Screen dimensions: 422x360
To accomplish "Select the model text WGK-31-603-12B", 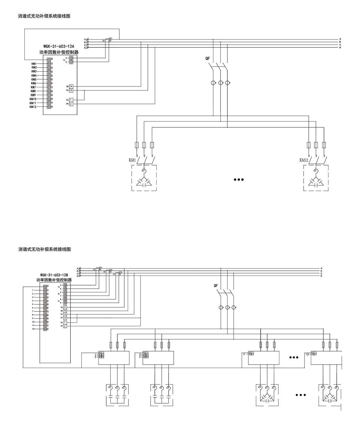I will pyautogui.click(x=54, y=275).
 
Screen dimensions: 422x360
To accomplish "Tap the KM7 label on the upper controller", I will pyautogui.click(x=33, y=87).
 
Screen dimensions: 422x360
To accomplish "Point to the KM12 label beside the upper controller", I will pyautogui.click(x=33, y=107).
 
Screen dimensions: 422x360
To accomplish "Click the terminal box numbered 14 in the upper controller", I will pyautogui.click(x=71, y=86).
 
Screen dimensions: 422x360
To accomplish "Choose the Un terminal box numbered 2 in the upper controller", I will pyautogui.click(x=71, y=104).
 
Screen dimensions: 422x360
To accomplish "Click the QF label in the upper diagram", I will pyautogui.click(x=208, y=59).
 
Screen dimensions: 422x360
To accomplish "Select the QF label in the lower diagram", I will pyautogui.click(x=216, y=286).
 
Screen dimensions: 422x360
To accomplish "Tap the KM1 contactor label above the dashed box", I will pyautogui.click(x=132, y=160).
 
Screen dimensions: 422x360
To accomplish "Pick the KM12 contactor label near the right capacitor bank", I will pyautogui.click(x=304, y=160).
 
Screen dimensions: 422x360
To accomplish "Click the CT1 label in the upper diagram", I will pyautogui.click(x=110, y=38).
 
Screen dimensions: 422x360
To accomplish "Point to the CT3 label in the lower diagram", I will pyautogui.click(x=120, y=273).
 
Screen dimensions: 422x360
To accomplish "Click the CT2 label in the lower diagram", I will pyautogui.click(x=111, y=270).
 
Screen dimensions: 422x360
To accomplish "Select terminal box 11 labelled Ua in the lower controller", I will pyautogui.click(x=65, y=307).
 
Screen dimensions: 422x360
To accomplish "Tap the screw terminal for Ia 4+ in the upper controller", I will pyautogui.click(x=71, y=58).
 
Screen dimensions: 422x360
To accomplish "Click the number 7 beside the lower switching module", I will pyautogui.click(x=244, y=354).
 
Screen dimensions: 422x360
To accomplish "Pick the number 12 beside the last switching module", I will pyautogui.click(x=307, y=354).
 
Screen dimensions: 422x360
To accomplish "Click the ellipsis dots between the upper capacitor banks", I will pyautogui.click(x=239, y=180).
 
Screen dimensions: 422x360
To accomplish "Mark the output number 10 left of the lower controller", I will pyautogui.click(x=33, y=322).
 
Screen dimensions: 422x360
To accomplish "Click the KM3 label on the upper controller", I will pyautogui.click(x=34, y=71).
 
